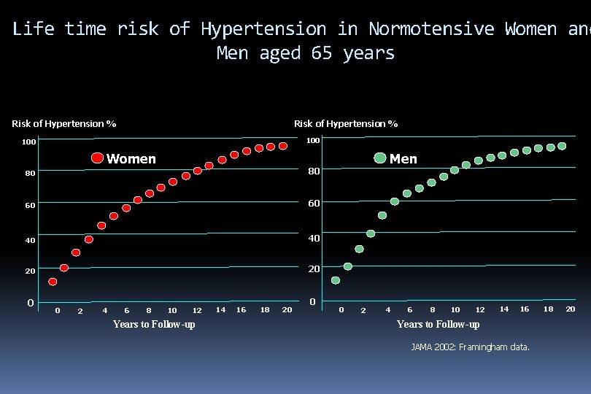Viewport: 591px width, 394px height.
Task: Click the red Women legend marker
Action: tap(97, 158)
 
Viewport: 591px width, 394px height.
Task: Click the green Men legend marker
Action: tap(379, 158)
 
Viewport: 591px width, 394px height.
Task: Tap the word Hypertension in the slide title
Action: tap(263, 29)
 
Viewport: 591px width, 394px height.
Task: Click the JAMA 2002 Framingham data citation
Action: tap(471, 347)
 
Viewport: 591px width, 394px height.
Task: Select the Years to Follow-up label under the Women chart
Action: tap(154, 324)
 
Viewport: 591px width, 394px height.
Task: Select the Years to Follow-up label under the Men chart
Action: tap(438, 324)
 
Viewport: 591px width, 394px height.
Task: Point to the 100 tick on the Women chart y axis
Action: tap(28, 142)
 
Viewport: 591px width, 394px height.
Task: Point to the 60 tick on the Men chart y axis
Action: tap(313, 203)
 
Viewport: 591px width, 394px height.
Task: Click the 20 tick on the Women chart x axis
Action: tap(287, 310)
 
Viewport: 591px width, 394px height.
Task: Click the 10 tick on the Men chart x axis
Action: tap(455, 310)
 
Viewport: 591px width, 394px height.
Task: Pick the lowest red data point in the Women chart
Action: tap(53, 282)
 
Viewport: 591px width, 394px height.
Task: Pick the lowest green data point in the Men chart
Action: tap(336, 280)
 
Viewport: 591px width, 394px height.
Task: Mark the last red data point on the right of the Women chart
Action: tap(282, 146)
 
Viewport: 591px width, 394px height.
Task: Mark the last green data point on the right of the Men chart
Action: tap(562, 146)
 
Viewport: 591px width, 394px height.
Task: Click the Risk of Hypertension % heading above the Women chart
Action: tap(64, 123)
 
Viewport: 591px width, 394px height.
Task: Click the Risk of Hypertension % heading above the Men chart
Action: tap(346, 123)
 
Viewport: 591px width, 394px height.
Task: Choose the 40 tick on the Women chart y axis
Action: tap(28, 240)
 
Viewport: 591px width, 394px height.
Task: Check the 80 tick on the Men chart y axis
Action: tap(313, 171)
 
